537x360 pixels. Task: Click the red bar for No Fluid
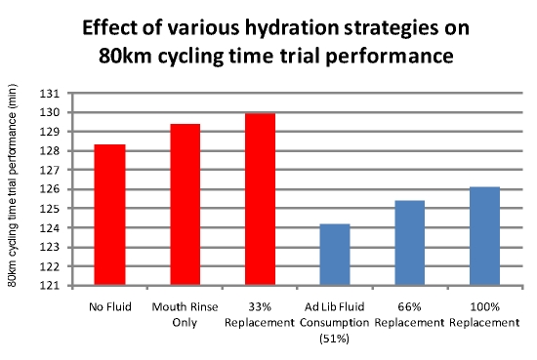point(109,216)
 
